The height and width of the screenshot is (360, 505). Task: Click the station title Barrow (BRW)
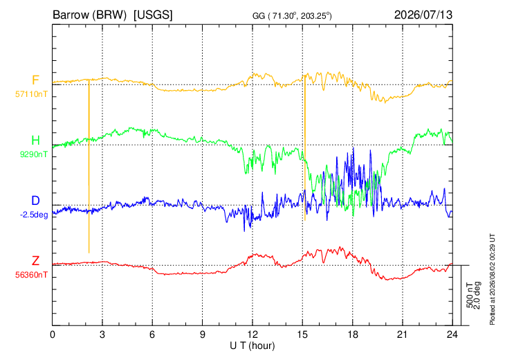89,15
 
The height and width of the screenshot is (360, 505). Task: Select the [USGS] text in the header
153,15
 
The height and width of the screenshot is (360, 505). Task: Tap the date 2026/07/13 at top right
423,15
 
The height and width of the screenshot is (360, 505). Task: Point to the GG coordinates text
292,16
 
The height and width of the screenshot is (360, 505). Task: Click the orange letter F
35,80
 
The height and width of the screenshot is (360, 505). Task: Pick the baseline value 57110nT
31,94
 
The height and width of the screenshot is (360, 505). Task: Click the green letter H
35,141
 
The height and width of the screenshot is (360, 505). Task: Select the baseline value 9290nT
33,154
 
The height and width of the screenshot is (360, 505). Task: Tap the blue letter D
35,201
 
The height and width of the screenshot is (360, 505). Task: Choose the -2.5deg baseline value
34,215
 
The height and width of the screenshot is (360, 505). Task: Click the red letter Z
35,261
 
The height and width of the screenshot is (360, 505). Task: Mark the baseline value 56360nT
31,275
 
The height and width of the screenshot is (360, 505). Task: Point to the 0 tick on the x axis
53,335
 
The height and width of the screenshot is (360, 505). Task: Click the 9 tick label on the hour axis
202,335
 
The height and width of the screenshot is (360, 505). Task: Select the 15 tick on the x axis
302,335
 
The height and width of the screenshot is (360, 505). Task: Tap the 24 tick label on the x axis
452,335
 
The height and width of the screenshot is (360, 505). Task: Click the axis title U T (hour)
252,346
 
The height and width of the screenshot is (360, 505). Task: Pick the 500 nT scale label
470,295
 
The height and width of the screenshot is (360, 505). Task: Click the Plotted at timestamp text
492,279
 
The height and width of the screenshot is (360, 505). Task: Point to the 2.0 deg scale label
477,295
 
